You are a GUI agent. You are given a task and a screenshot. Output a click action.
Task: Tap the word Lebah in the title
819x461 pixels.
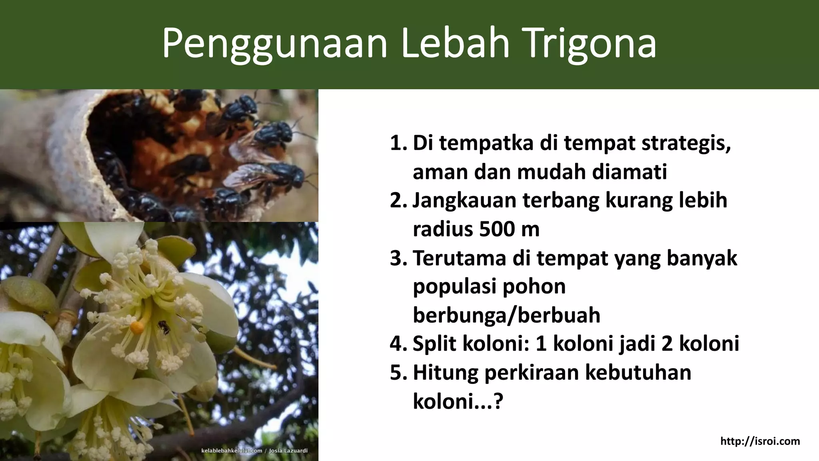tap(455, 43)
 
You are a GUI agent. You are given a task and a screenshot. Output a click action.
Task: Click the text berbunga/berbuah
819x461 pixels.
tap(506, 315)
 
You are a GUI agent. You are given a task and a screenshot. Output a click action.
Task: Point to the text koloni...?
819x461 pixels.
tap(457, 401)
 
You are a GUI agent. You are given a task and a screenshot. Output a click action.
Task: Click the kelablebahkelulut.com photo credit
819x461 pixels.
tap(231, 451)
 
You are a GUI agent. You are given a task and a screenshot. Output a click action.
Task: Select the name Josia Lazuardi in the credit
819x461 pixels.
tap(288, 451)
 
